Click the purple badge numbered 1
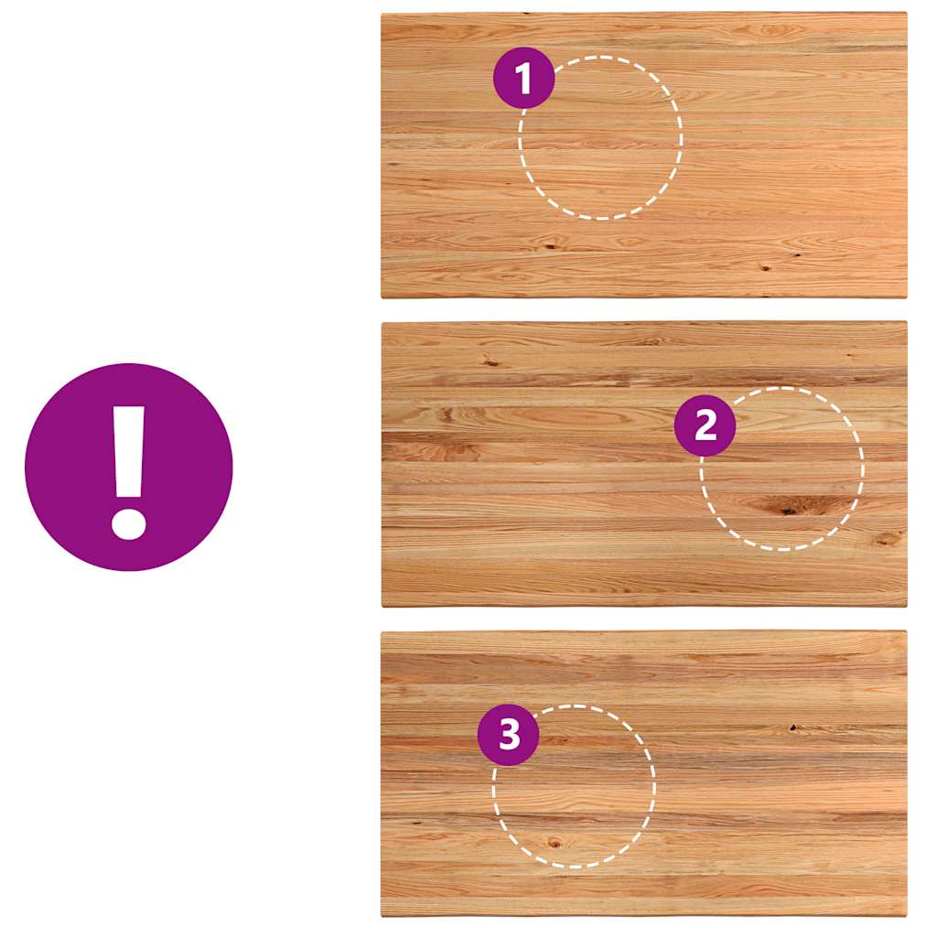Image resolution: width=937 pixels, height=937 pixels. pyautogui.click(x=524, y=78)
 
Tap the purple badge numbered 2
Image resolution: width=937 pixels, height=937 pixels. pyautogui.click(x=705, y=425)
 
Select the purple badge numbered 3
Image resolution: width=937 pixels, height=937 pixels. pyautogui.click(x=509, y=735)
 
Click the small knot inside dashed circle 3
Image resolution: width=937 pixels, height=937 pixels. pyautogui.click(x=555, y=843)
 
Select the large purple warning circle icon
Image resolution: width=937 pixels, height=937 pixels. pyautogui.click(x=128, y=467)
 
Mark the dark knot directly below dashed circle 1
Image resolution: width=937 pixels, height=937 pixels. pyautogui.click(x=547, y=245)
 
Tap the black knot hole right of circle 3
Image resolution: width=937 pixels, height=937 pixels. pyautogui.click(x=793, y=727)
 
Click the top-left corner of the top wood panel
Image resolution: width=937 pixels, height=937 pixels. pyautogui.click(x=382, y=13)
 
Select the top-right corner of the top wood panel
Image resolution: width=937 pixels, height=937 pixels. pyautogui.click(x=907, y=13)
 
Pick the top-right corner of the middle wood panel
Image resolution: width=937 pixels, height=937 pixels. pyautogui.click(x=907, y=321)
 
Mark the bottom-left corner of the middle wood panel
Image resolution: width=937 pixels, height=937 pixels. pyautogui.click(x=382, y=608)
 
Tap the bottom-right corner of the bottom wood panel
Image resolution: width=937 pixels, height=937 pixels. pyautogui.click(x=907, y=917)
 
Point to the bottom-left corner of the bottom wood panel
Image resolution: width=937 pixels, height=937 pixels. pyautogui.click(x=382, y=917)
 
